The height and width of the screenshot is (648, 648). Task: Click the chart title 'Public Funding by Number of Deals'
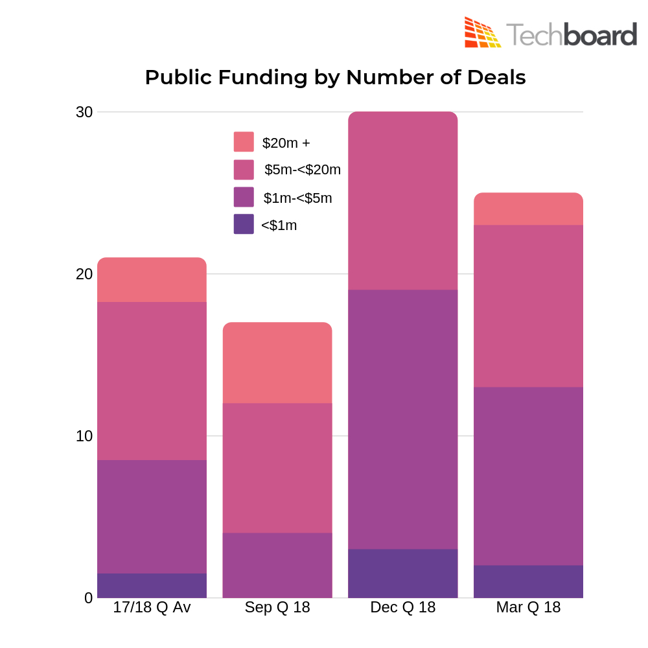(x=335, y=77)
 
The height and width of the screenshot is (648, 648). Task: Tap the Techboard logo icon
(x=482, y=32)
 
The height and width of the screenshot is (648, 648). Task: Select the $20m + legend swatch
(x=244, y=142)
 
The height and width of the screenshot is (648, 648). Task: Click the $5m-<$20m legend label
(x=302, y=170)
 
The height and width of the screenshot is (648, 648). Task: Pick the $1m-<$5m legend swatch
(x=244, y=197)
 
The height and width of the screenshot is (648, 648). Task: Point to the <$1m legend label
(x=279, y=226)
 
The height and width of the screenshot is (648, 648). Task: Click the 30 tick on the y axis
(x=84, y=112)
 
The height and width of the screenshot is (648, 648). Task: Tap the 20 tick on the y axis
(x=84, y=274)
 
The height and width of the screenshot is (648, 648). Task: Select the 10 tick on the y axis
(x=84, y=436)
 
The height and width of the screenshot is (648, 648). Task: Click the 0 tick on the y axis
(x=88, y=597)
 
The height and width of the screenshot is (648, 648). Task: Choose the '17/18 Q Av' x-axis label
(x=152, y=608)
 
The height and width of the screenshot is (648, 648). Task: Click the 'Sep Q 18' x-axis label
(x=277, y=608)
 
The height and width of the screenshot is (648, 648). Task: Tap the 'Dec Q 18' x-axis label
(x=403, y=608)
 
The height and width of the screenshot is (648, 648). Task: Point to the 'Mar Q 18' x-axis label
(x=528, y=608)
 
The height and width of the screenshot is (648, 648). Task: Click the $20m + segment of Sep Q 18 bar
(x=277, y=363)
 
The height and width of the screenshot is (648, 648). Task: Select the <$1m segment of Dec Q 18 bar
(x=403, y=573)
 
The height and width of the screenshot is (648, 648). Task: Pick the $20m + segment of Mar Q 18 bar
(x=528, y=209)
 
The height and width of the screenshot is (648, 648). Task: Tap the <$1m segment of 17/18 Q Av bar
(x=152, y=586)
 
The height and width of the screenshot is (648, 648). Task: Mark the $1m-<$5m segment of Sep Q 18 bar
(x=277, y=565)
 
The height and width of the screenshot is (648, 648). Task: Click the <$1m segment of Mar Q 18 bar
(x=528, y=581)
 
